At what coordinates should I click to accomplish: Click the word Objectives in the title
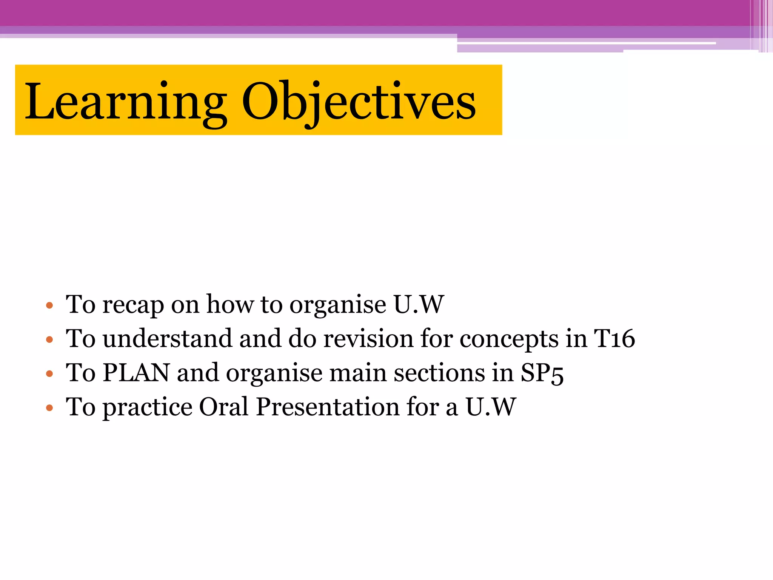tap(359, 102)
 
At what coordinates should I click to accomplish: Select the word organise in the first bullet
tap(337, 305)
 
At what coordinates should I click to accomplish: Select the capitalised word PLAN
tap(136, 373)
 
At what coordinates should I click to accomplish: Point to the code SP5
tap(542, 373)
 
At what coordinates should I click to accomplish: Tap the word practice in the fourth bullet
tap(147, 408)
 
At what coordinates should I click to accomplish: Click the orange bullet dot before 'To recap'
tap(49, 305)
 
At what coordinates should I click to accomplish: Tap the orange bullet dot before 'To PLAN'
tap(49, 374)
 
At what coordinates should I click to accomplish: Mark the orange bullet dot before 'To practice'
tap(49, 408)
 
